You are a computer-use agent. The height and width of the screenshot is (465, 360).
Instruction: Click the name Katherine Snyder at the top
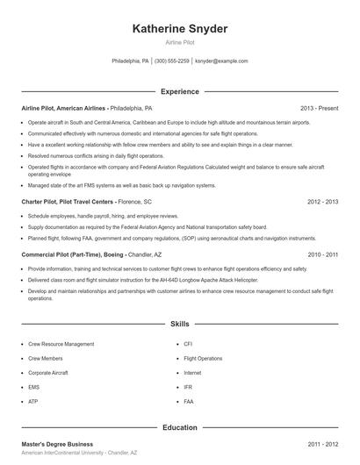(179, 29)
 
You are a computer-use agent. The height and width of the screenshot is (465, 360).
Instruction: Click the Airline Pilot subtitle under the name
(179, 42)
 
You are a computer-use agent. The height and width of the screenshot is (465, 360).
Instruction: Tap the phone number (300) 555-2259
(171, 61)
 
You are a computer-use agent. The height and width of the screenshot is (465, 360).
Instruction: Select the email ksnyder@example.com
(221, 61)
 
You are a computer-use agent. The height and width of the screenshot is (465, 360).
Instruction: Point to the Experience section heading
(179, 91)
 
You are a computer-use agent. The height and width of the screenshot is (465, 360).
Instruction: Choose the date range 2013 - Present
(319, 108)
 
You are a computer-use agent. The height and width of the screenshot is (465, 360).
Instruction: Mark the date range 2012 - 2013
(322, 201)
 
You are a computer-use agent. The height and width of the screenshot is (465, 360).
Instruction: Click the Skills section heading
(179, 324)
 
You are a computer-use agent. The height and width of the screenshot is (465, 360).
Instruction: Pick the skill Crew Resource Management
(61, 345)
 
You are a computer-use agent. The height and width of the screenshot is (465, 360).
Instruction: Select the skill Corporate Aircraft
(48, 373)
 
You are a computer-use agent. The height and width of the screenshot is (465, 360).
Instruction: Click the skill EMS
(34, 387)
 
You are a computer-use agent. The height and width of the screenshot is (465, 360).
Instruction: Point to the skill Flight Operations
(203, 359)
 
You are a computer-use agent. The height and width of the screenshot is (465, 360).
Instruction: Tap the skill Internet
(192, 373)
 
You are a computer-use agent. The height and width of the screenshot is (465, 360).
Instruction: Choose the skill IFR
(188, 387)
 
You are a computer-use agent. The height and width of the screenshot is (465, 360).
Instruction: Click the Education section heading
(179, 427)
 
